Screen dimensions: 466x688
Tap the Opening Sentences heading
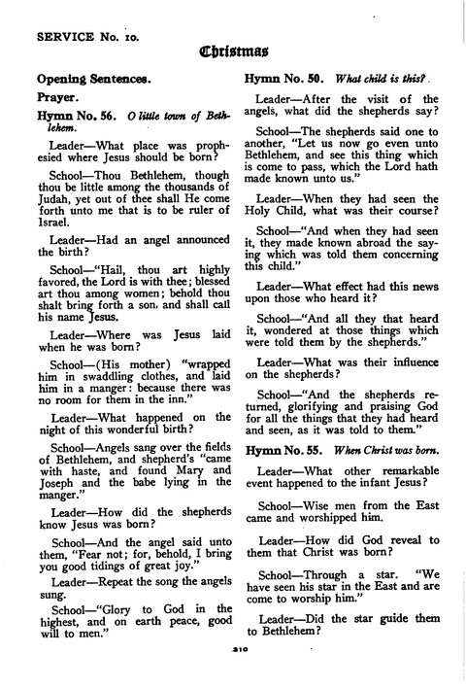click(x=92, y=76)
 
